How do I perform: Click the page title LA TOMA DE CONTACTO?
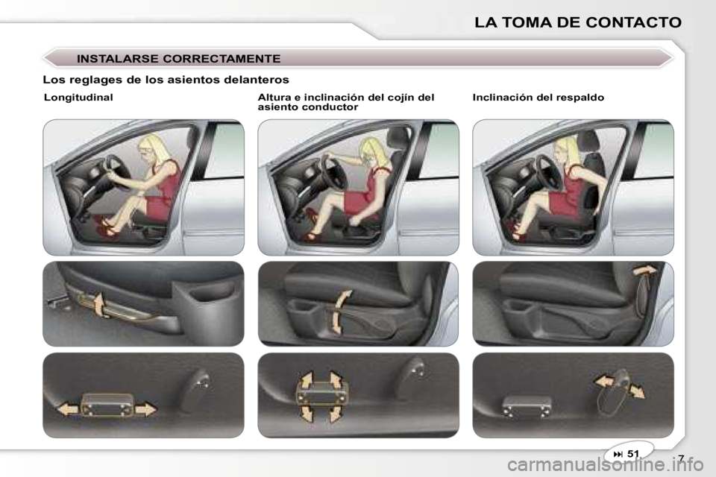(x=577, y=22)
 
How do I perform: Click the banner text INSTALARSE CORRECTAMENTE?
(x=178, y=59)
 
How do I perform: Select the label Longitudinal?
(x=78, y=97)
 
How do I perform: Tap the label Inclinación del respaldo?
(x=538, y=97)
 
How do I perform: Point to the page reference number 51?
(x=633, y=453)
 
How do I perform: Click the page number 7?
(x=681, y=458)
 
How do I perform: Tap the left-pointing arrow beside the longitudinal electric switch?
(x=68, y=409)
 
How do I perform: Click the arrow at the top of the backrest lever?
(x=644, y=270)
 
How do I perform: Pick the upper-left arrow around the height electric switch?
(x=306, y=380)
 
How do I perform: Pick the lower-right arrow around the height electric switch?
(x=336, y=413)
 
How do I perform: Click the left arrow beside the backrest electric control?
(x=603, y=381)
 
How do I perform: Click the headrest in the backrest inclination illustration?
(x=590, y=142)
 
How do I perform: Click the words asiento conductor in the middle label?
(x=308, y=107)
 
